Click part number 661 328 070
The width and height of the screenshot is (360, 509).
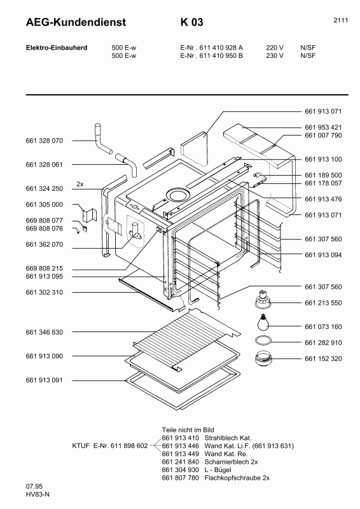tap(45, 141)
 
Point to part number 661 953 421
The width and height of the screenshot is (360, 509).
tap(323, 127)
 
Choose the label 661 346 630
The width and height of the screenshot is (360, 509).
tap(45, 332)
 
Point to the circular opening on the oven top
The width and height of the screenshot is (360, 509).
tap(177, 193)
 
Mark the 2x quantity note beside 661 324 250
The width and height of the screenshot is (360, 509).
tap(80, 184)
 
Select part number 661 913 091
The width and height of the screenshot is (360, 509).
tap(45, 380)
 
